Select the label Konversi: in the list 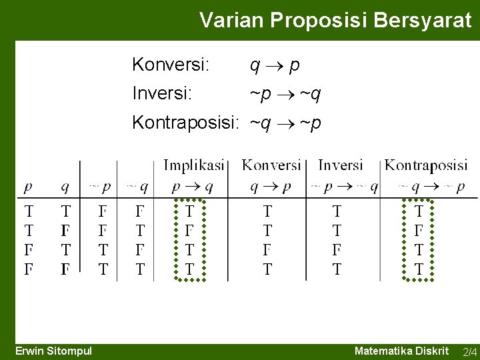pos(171,65)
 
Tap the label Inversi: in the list pos(162,94)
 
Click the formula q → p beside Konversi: pos(274,65)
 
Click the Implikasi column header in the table pos(193,165)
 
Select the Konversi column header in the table pos(271,165)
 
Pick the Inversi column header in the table pos(341,165)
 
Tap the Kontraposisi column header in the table pos(426,165)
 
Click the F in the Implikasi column pos(190,231)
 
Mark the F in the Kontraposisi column pos(419,231)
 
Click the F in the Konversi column pos(267,250)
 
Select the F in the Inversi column pos(337,250)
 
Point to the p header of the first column pos(29,187)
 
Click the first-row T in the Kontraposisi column pos(419,212)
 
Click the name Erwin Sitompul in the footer pos(54,351)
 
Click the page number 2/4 pos(469,352)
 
